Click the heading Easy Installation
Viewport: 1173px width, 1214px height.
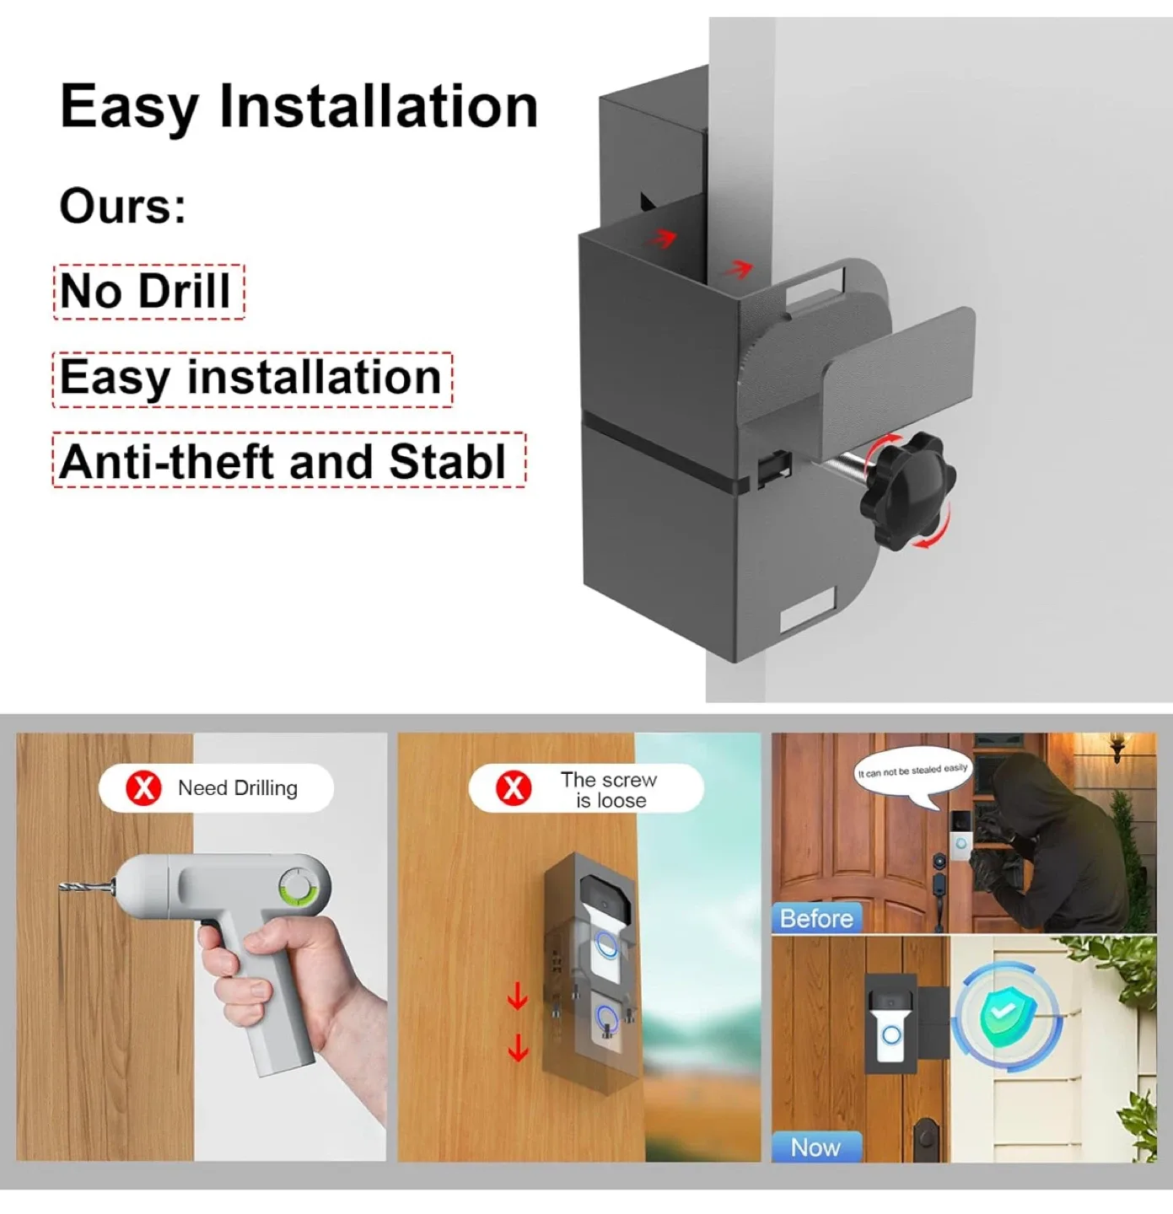click(299, 106)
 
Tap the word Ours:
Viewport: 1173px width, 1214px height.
click(122, 206)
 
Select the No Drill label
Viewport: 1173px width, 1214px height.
click(148, 292)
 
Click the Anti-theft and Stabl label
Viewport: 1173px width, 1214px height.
click(288, 461)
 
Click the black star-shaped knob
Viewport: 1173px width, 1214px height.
click(907, 490)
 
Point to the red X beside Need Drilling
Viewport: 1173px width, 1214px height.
click(143, 787)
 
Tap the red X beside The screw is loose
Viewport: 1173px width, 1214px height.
click(513, 788)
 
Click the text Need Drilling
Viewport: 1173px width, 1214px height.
click(238, 788)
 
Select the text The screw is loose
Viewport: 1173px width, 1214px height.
click(609, 790)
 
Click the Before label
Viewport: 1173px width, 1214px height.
click(815, 918)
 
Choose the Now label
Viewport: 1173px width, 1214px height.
click(815, 1147)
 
